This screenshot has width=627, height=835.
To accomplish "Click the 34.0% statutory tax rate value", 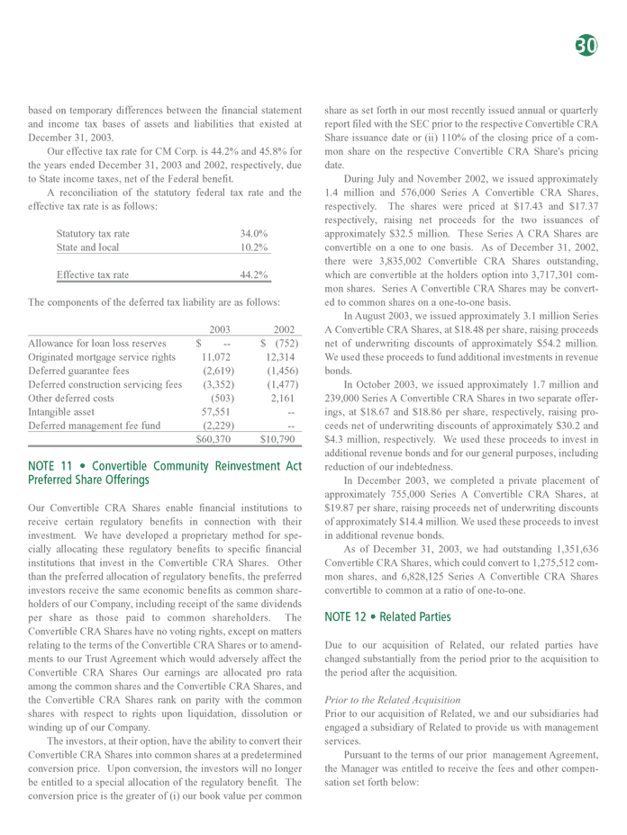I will click(x=253, y=234).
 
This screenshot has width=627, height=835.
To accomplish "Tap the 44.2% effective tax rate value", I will click(x=253, y=274).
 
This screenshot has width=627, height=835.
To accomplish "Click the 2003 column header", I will click(x=221, y=329).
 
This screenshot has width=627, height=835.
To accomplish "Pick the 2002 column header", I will click(x=285, y=329).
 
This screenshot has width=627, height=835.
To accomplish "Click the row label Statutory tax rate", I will click(x=93, y=234).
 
